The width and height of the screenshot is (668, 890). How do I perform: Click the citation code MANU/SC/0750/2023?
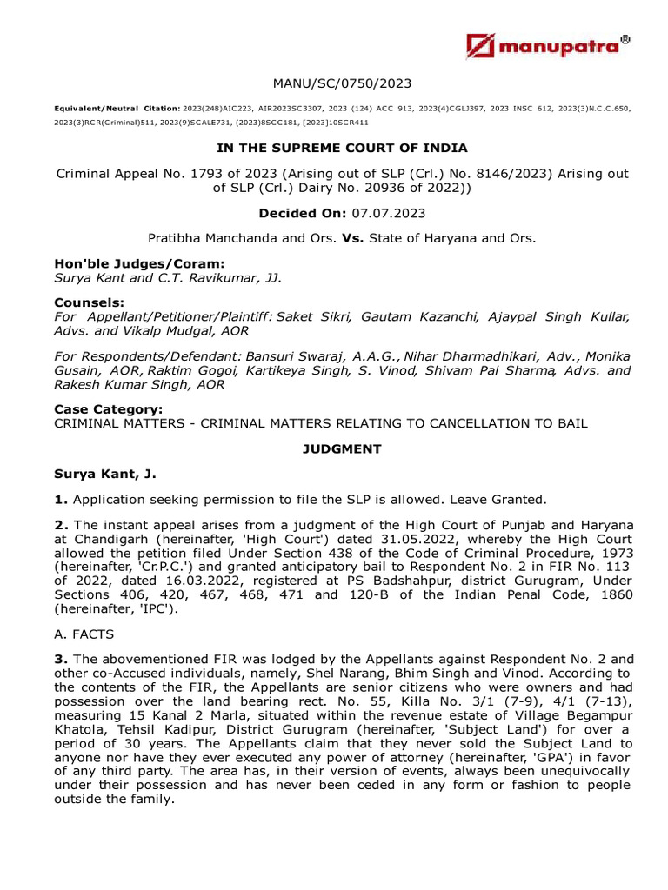pos(342,83)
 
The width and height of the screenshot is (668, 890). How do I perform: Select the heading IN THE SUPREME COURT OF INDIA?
pos(342,148)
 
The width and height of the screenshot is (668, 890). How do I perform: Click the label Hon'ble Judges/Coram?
pos(127,263)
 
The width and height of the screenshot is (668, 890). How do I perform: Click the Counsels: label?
pos(88,302)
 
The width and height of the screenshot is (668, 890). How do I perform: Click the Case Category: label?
pos(108,409)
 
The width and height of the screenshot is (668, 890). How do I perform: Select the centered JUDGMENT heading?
pos(342,448)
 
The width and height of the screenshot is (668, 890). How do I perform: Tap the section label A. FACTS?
pos(86,634)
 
